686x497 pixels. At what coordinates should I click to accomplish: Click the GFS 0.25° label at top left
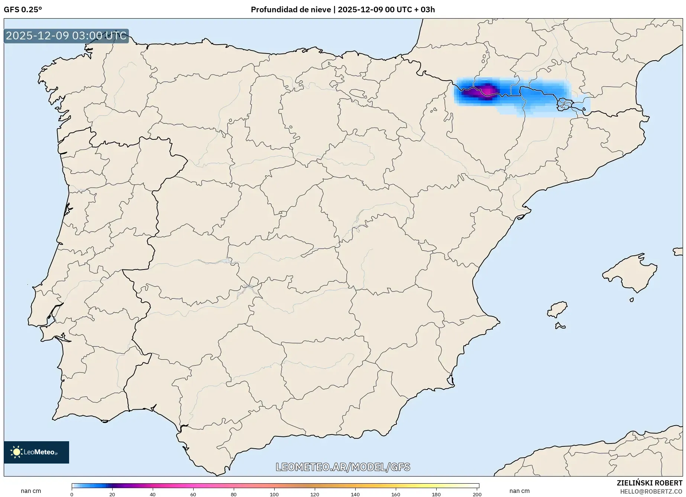23,10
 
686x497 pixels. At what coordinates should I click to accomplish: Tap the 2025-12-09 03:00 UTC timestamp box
66,36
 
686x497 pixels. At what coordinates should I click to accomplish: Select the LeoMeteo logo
36,452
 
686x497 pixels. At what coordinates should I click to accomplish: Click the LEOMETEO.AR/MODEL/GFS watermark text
343,467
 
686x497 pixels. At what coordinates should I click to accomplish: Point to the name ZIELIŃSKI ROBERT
649,483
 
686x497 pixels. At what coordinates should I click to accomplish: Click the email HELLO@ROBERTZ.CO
651,491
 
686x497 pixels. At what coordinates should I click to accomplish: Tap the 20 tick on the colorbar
112,494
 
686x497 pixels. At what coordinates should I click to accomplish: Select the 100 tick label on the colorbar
274,494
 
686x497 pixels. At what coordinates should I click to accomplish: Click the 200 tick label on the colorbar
477,494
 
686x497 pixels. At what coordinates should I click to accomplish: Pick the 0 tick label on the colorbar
72,494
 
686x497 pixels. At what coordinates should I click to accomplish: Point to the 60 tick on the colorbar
193,494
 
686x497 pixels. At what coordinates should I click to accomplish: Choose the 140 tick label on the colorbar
355,494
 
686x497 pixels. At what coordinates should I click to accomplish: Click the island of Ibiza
557,309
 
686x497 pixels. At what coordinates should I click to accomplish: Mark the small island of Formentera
560,326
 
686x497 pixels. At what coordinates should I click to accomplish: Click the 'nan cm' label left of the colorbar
31,491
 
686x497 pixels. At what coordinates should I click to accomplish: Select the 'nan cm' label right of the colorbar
520,491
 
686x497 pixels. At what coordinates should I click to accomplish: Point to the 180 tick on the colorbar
436,494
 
